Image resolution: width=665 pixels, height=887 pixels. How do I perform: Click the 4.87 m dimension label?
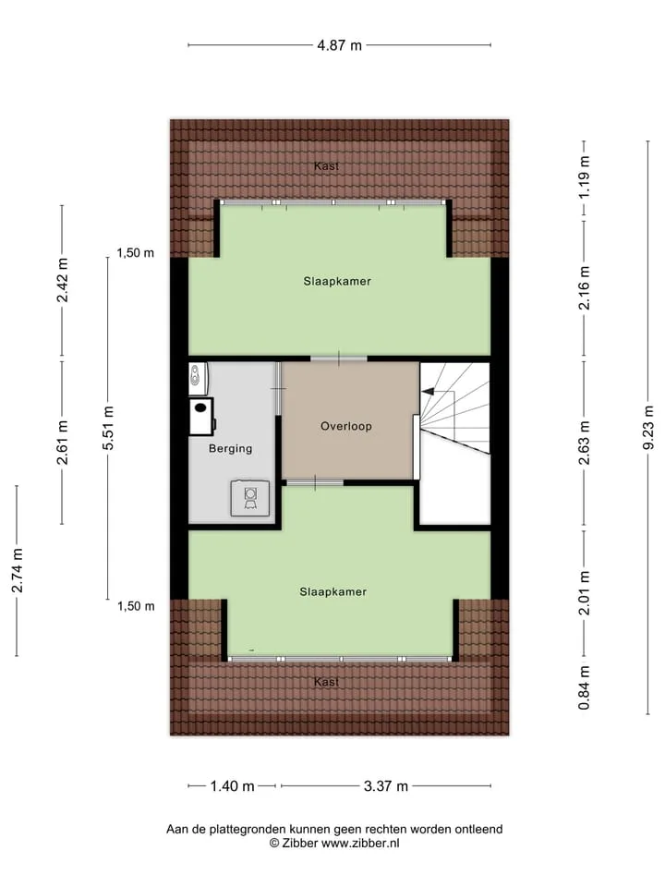[x=339, y=45]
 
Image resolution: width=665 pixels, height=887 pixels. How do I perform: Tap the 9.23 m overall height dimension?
[x=648, y=428]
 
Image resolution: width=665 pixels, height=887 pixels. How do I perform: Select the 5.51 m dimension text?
[x=108, y=428]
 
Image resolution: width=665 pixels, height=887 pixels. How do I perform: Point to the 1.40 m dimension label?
[x=233, y=785]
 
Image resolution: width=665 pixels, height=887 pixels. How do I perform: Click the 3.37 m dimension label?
[x=386, y=785]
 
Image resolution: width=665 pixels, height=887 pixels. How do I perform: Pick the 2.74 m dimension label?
[x=17, y=571]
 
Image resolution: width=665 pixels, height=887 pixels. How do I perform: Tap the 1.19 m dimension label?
[x=584, y=177]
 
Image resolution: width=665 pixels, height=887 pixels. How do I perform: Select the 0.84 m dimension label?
[x=584, y=687]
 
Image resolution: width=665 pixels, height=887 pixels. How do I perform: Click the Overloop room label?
[x=346, y=426]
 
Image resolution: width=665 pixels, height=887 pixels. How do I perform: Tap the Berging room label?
[x=231, y=449]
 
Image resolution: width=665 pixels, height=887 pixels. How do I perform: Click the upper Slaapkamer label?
[x=337, y=281]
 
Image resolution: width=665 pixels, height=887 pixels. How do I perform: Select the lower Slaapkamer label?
[x=333, y=591]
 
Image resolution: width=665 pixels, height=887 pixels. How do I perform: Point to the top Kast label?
[x=326, y=165]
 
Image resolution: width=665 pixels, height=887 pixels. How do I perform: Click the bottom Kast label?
[x=326, y=682]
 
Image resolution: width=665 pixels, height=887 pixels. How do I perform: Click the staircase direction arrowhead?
[x=428, y=390]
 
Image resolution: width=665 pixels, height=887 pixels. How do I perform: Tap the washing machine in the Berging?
[x=250, y=498]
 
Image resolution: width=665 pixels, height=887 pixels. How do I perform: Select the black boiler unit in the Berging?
[x=201, y=417]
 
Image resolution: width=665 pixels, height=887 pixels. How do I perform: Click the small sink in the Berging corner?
[x=198, y=377]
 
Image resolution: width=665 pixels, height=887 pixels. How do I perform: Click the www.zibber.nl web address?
[x=360, y=843]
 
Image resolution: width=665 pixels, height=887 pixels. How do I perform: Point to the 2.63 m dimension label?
[x=584, y=443]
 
